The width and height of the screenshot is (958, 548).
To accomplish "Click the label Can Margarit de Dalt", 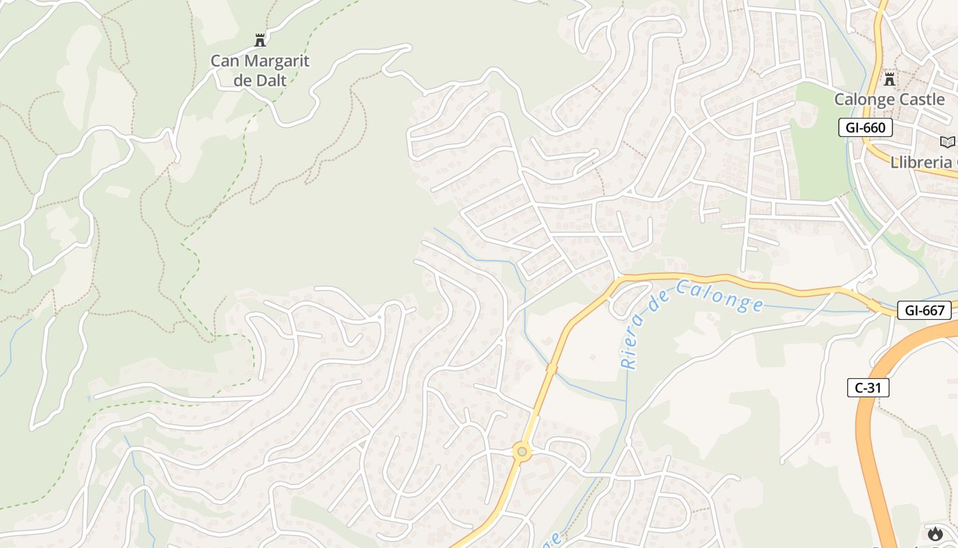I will [259, 70].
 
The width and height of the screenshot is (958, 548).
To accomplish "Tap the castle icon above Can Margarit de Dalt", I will [259, 40].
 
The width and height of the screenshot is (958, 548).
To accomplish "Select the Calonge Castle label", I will [889, 99].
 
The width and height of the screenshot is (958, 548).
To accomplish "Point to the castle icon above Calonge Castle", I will [889, 79].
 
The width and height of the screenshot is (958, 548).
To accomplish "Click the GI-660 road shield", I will [866, 127].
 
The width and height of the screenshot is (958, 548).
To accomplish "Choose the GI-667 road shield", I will [924, 310].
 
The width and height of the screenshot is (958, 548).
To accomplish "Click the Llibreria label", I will [921, 162].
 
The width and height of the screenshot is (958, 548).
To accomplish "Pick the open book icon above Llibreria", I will [947, 142].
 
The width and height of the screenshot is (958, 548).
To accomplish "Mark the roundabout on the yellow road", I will [522, 451].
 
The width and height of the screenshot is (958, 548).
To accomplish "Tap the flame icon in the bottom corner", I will [935, 534].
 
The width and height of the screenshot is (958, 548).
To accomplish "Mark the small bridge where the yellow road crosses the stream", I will [552, 369].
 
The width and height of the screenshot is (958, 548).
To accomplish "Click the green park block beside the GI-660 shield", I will [818, 158].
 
